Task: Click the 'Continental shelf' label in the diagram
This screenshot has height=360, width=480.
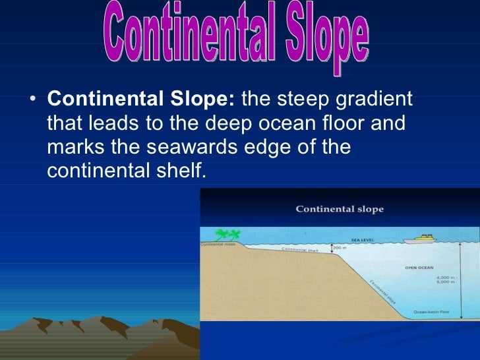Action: point(300,250)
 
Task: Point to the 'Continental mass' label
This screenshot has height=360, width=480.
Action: point(217,244)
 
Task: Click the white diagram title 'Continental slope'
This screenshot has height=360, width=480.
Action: point(339,209)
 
